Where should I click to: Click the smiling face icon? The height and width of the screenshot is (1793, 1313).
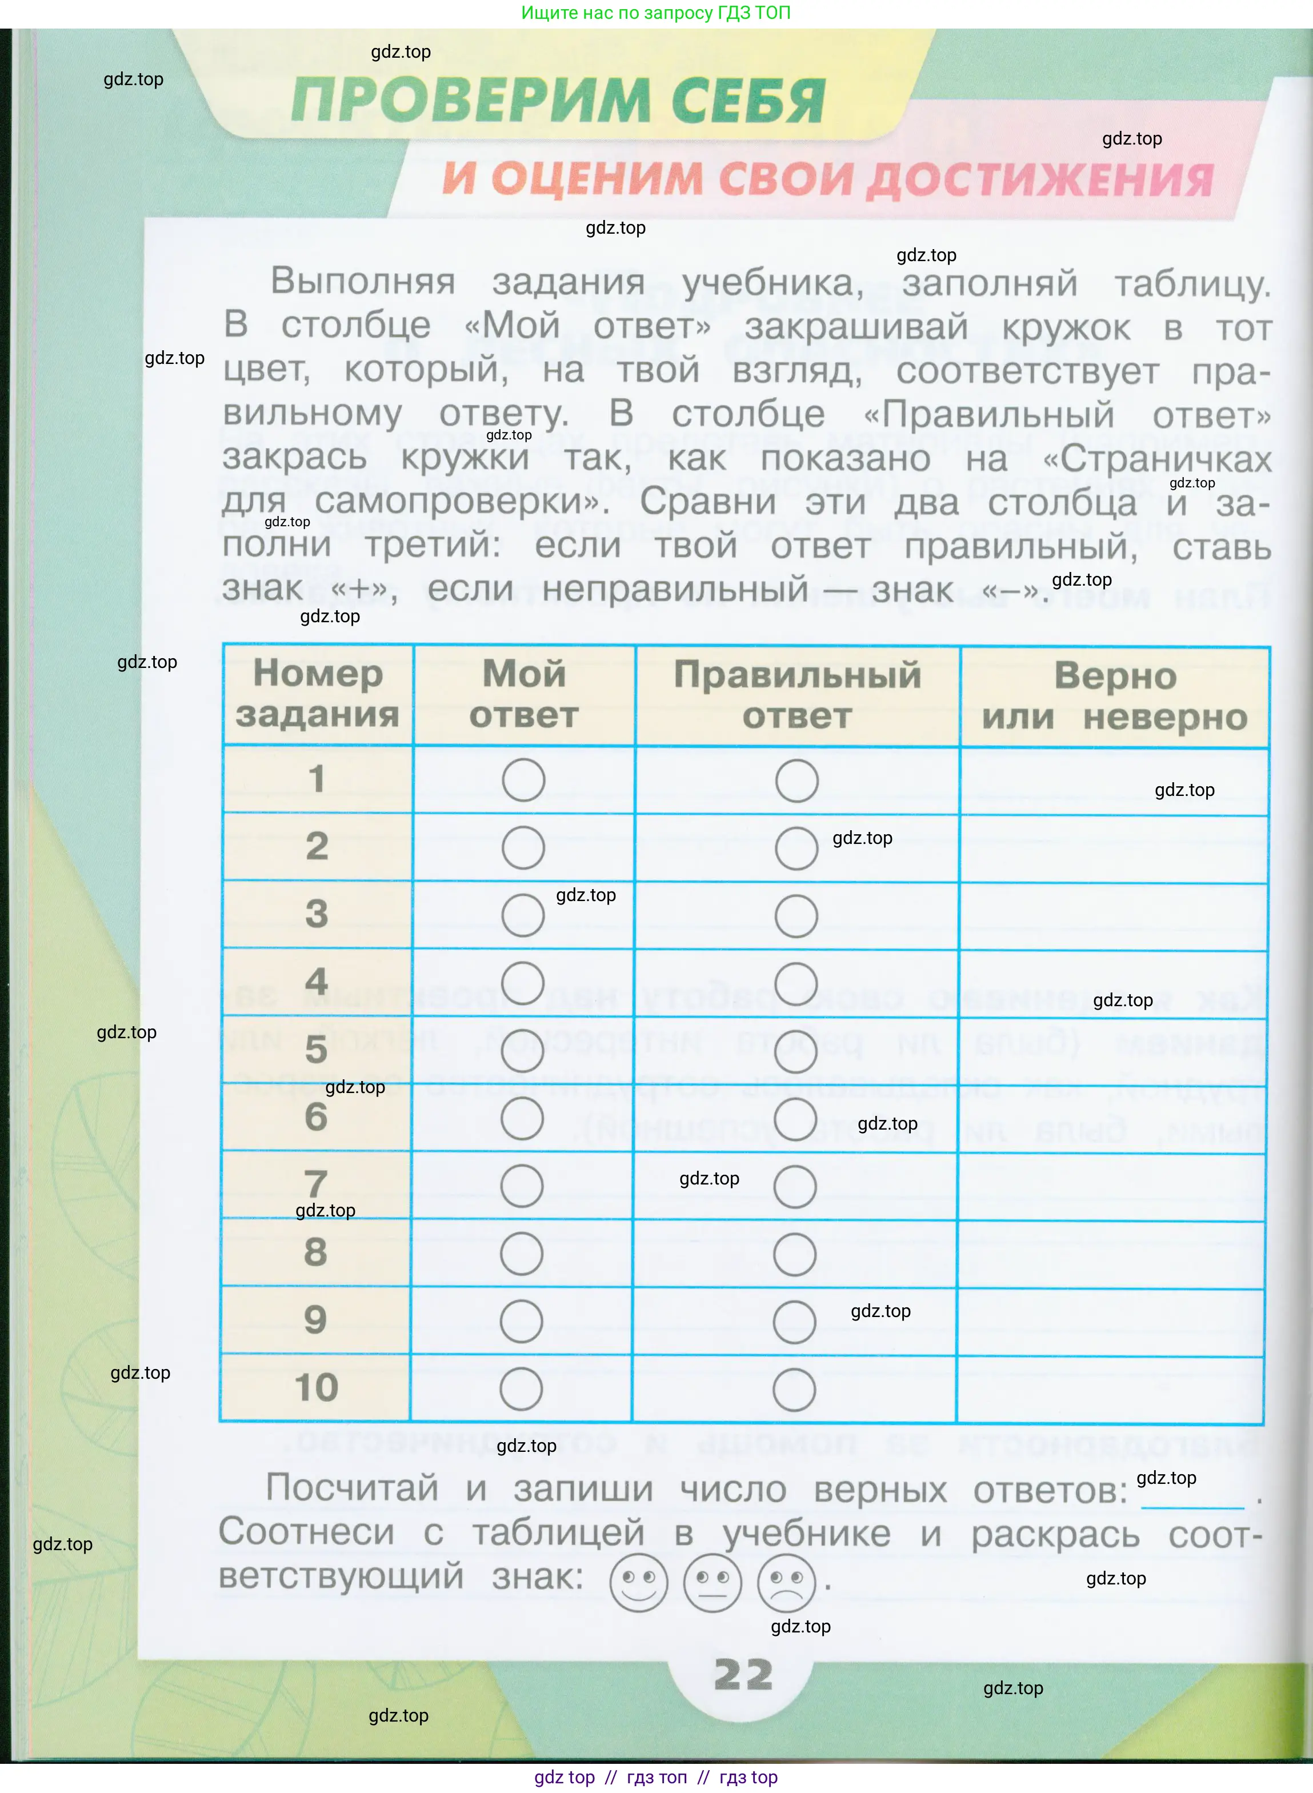(638, 1582)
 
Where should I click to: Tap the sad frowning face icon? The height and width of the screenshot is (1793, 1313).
(786, 1582)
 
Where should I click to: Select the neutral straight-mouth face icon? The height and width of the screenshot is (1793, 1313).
(712, 1582)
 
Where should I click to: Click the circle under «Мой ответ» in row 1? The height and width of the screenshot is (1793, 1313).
(523, 780)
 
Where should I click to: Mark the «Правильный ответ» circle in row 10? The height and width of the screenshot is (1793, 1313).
(794, 1389)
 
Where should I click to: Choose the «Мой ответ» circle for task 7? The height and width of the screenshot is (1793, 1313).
(522, 1186)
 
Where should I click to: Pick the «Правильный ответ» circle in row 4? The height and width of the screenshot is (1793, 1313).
(795, 983)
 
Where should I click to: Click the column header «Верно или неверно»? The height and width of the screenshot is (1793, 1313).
(1114, 696)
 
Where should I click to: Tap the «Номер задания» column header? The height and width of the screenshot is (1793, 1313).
(318, 694)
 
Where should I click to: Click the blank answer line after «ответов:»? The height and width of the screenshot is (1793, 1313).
(1192, 1499)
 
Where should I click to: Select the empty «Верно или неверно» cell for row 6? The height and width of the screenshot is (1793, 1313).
(1112, 1118)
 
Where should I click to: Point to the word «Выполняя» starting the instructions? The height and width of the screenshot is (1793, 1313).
(362, 281)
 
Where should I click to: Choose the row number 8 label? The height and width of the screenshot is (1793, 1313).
(315, 1252)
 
